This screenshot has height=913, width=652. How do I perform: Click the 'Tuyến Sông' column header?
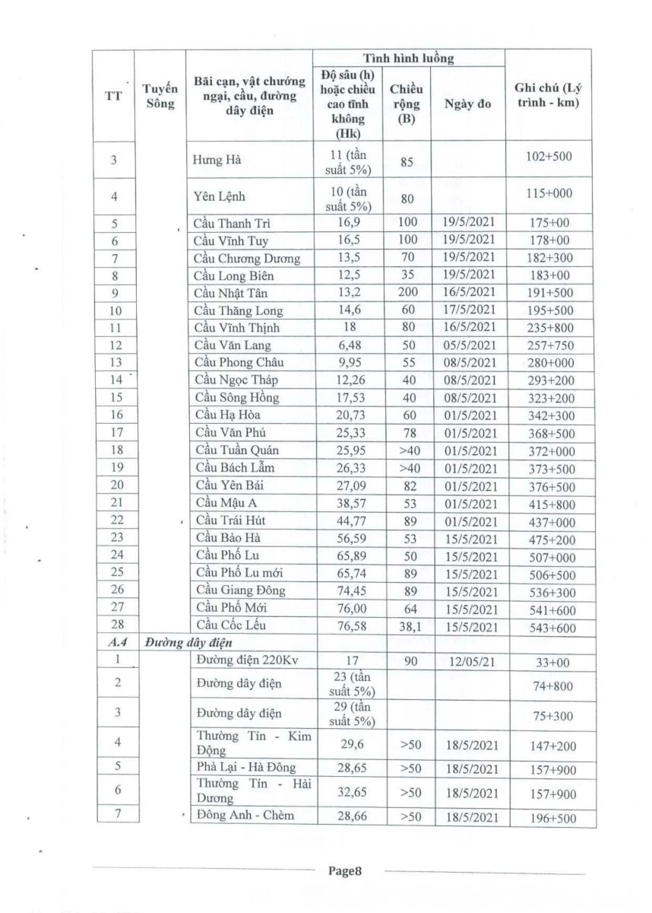point(160,97)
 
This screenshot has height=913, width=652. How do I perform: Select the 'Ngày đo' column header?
point(467,103)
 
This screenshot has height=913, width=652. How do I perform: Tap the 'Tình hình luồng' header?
point(408,59)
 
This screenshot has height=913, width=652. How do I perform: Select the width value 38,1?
point(407,626)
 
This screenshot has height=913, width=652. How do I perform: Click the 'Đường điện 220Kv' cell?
point(242,661)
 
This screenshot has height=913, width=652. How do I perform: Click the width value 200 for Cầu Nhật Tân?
point(407,293)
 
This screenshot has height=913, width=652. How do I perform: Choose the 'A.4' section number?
point(114,644)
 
